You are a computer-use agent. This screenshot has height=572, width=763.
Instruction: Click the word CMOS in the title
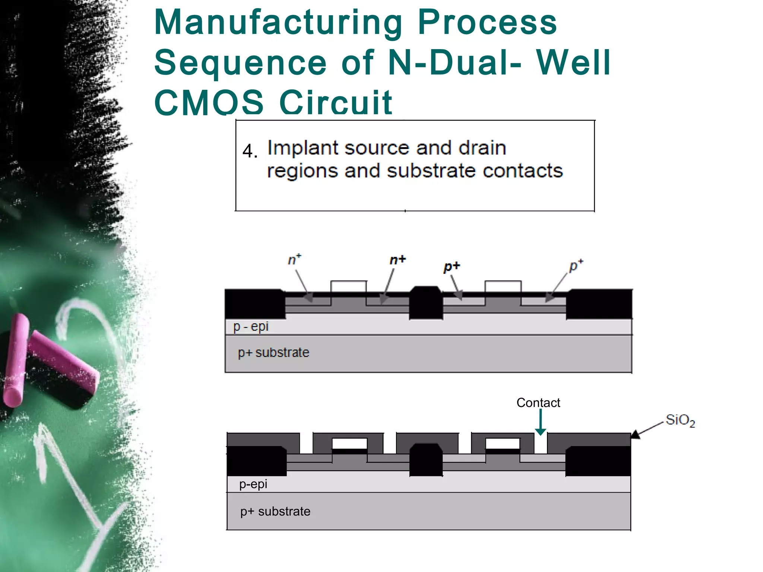click(x=209, y=103)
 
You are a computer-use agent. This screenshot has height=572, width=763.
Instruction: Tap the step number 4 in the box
click(x=249, y=151)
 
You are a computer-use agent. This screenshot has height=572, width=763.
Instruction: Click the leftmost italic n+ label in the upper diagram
click(x=294, y=259)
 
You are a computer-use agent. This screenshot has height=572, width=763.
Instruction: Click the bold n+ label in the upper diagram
click(x=397, y=260)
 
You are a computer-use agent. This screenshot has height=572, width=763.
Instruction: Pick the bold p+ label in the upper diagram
click(x=452, y=267)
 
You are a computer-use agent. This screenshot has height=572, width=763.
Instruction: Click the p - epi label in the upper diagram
click(x=251, y=327)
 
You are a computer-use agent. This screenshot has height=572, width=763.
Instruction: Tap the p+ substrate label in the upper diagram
click(x=273, y=352)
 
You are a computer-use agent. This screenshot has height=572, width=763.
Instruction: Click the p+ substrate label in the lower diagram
click(x=275, y=511)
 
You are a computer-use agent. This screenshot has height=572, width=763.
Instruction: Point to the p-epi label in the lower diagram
click(x=253, y=484)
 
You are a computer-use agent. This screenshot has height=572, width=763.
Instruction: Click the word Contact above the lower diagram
click(x=538, y=403)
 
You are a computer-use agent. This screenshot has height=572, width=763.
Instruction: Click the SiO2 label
click(x=680, y=420)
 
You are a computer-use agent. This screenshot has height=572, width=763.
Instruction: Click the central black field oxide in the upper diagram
click(x=426, y=302)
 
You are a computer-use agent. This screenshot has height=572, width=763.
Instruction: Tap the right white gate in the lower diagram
click(x=503, y=444)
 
